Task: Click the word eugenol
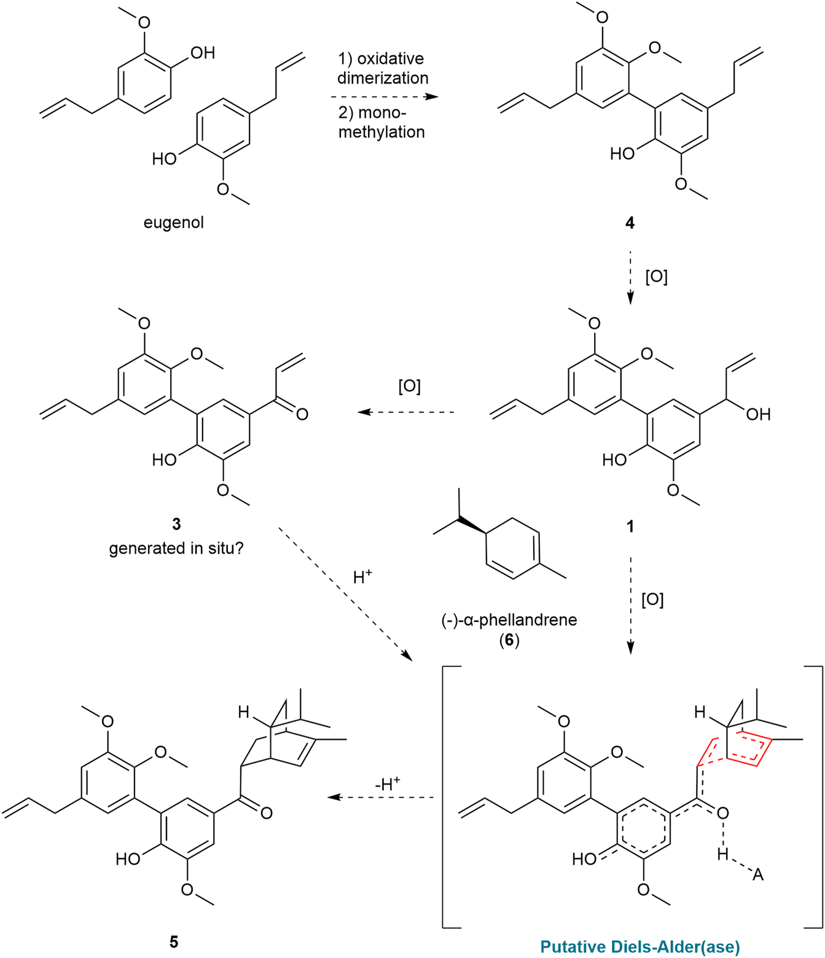[x=173, y=222]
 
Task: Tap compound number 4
[x=630, y=222]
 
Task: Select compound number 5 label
[x=174, y=941]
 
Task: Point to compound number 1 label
[x=630, y=526]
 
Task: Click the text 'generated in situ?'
[x=176, y=548]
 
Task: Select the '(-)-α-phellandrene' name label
[x=509, y=619]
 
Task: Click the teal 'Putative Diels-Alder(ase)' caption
[x=640, y=946]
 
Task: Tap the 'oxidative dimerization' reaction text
[x=382, y=68]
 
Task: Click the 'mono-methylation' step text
[x=381, y=122]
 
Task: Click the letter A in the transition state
[x=757, y=874]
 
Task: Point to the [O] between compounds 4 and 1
[x=656, y=277]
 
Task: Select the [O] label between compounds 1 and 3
[x=409, y=387]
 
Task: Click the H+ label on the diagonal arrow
[x=362, y=577]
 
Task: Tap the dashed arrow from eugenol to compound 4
[x=384, y=97]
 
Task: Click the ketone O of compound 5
[x=266, y=813]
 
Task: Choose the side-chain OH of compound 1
[x=758, y=414]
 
